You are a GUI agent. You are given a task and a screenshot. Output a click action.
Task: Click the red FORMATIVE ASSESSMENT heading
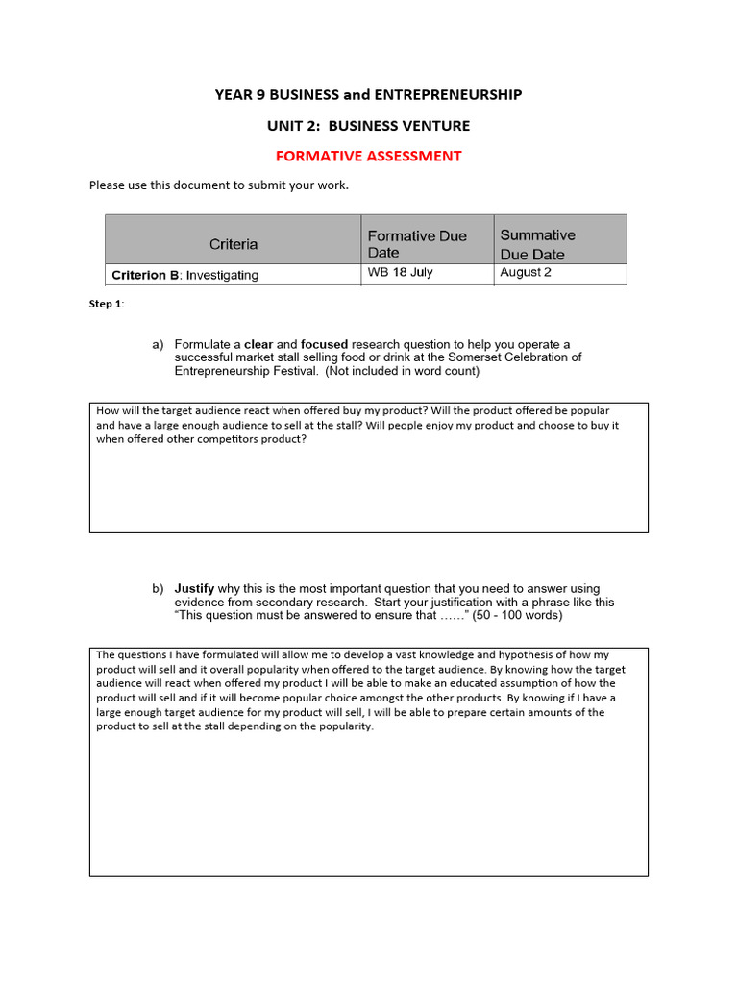(368, 156)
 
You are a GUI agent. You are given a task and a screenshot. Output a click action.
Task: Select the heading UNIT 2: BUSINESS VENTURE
(368, 125)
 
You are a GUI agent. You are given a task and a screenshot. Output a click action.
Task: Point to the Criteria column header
(234, 244)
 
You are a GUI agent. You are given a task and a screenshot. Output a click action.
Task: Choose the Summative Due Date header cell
(538, 244)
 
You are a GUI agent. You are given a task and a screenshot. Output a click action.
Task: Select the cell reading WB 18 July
(401, 273)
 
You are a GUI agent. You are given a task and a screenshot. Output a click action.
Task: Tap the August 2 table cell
(526, 273)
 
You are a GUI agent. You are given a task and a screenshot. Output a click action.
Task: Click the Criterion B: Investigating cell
(184, 275)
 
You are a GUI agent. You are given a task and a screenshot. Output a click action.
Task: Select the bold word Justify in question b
(194, 589)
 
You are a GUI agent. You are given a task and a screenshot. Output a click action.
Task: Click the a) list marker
(157, 345)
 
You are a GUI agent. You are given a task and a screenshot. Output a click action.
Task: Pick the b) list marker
(157, 589)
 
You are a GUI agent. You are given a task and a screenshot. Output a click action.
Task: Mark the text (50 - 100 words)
(518, 615)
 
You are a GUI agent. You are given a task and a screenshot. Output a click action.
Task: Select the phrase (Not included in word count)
(402, 371)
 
